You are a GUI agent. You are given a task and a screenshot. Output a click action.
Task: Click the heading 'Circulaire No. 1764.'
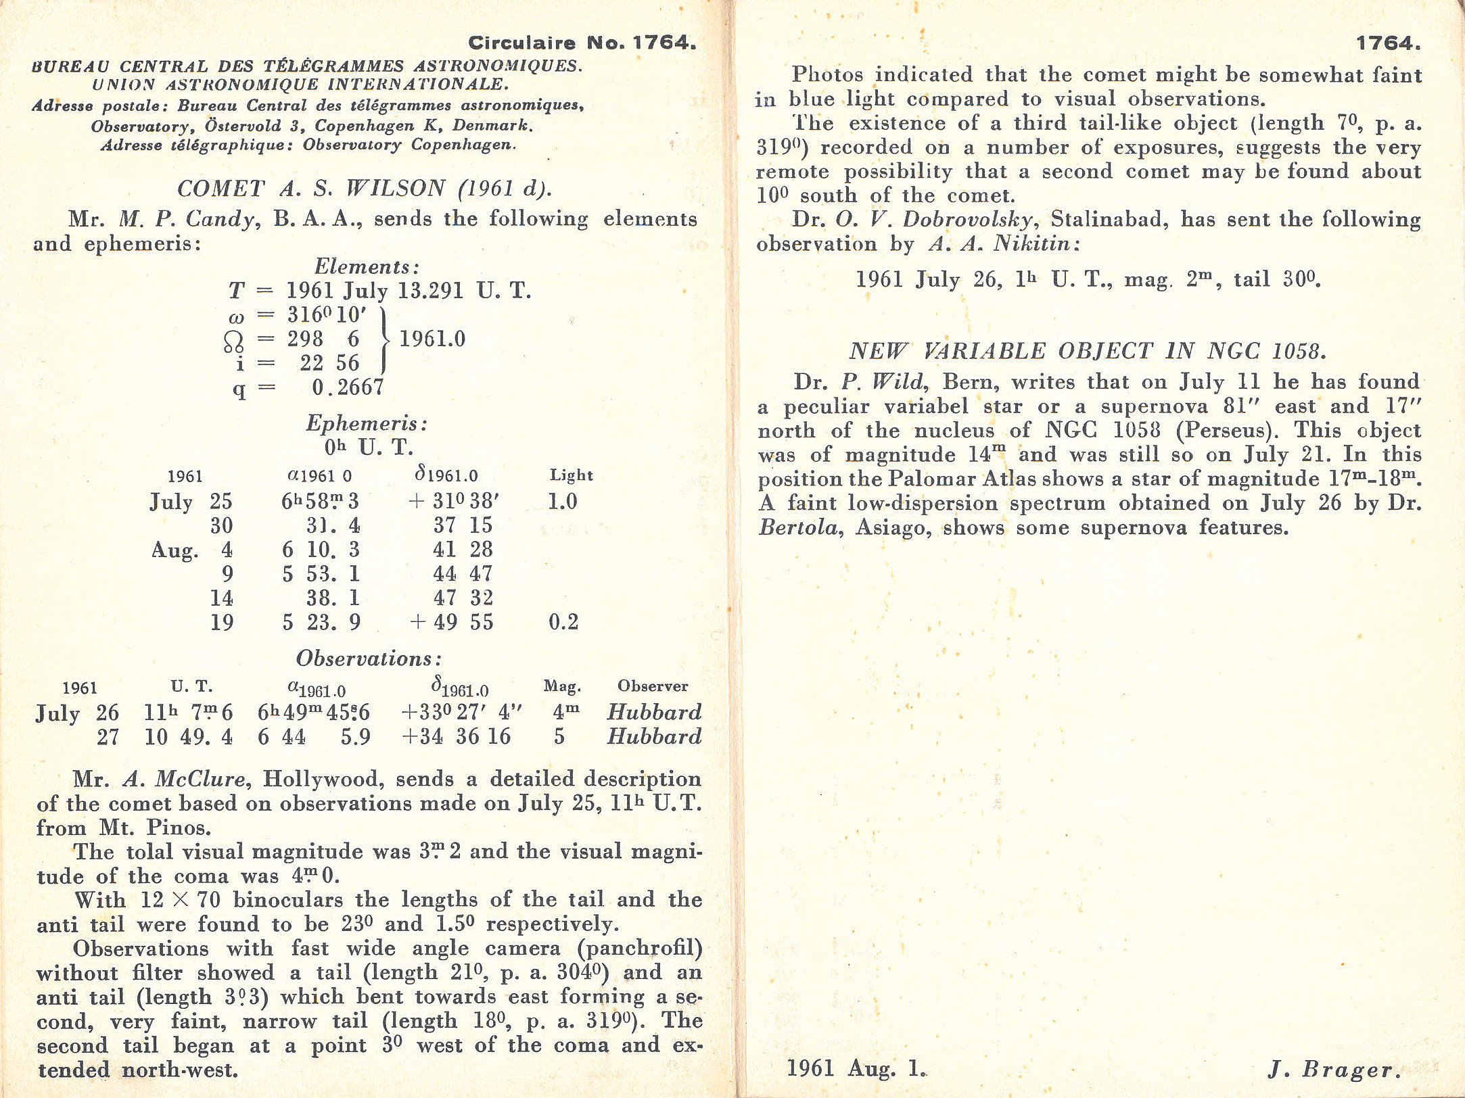(x=582, y=43)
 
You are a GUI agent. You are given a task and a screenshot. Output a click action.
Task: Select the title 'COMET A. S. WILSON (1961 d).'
(x=365, y=189)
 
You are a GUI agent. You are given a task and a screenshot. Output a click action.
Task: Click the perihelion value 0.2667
(x=348, y=387)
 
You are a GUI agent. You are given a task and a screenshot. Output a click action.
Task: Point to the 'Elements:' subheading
(x=367, y=267)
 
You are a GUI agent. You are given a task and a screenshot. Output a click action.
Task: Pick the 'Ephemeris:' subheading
(x=367, y=424)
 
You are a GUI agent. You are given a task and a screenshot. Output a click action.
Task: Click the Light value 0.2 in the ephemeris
(x=563, y=622)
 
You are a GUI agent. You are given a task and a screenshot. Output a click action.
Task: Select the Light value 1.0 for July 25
(x=562, y=502)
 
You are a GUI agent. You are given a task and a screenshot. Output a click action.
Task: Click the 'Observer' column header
(x=652, y=686)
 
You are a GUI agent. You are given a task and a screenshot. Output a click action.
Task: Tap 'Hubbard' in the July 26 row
(x=654, y=712)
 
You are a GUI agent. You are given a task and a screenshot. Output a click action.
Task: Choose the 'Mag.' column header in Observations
(x=562, y=687)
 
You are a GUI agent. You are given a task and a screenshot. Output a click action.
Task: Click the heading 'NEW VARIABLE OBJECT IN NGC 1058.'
(x=1088, y=352)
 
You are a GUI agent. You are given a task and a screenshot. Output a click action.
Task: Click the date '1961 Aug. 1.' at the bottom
(x=856, y=1068)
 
